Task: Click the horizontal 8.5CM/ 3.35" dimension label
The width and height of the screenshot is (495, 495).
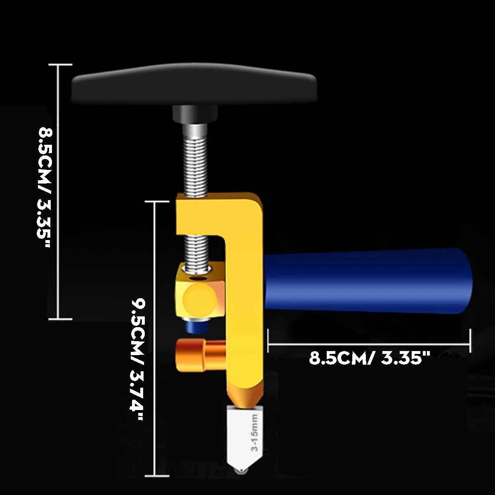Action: [x=367, y=358]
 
